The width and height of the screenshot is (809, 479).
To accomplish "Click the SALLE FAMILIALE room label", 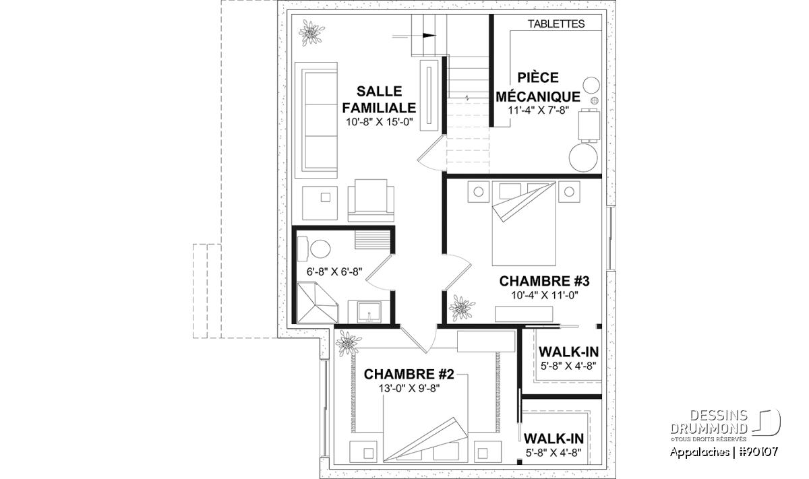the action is pos(379,99).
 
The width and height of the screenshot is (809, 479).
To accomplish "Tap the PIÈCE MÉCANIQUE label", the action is pos(538,87).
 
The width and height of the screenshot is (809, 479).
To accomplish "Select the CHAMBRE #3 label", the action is pos(544,281).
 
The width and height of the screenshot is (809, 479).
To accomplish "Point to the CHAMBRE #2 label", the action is pos(409,375).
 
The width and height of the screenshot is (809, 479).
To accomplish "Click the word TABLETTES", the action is pos(556,24).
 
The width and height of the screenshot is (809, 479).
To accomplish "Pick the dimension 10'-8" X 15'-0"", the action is pos(379,122).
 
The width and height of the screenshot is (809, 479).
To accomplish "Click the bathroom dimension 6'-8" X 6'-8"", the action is pos(334,272).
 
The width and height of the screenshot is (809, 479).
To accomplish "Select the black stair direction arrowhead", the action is pos(429,36).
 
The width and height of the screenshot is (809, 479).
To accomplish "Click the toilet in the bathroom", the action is pos(315,249).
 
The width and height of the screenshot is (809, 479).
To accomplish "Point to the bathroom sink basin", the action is pos(477,313).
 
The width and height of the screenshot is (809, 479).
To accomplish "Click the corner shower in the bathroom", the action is pos(317,302).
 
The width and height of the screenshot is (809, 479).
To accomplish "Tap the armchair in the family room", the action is pos(371,200).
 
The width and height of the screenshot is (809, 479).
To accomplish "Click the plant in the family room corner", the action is pos(311,33).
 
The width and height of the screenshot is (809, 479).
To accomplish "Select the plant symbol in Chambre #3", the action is pos(462,308).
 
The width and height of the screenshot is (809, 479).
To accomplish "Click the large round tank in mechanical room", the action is pos(583,158).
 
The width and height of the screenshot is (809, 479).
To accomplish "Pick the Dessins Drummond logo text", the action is pos(709,422).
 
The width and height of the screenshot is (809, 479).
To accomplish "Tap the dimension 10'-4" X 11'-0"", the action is pos(545,295).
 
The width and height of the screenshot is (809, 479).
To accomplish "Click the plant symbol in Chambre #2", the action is pos(348,344).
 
